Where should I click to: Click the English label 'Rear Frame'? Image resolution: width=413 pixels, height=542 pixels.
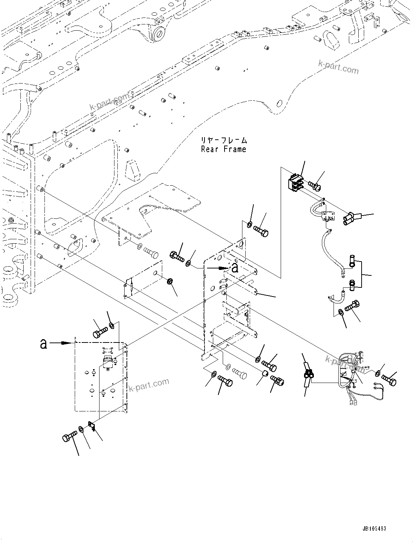tap(223, 149)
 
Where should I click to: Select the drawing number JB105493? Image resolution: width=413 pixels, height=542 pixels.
tap(374, 529)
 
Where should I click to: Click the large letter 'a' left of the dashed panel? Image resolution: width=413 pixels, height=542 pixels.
tap(44, 343)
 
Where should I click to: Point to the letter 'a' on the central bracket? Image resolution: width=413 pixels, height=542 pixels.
tap(235, 268)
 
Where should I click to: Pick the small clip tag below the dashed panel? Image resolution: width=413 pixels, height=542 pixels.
tap(91, 425)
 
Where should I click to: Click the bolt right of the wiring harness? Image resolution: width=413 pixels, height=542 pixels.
tap(390, 380)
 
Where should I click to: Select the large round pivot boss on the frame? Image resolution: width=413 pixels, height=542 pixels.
tap(159, 34)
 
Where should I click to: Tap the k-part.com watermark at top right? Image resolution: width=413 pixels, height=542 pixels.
tap(338, 67)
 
